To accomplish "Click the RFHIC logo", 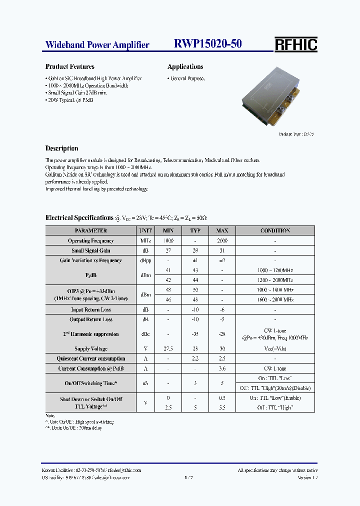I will point(295,44).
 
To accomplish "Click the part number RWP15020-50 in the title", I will point(207,44).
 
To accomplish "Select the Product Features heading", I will point(69,66).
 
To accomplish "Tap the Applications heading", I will point(185,66).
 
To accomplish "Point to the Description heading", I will point(61,148).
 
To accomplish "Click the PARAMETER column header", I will point(90,230).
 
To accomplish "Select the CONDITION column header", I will point(275,230).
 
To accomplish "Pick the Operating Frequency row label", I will point(90,240).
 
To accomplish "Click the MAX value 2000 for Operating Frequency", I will point(222,240).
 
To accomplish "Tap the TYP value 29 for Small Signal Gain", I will point(195,250).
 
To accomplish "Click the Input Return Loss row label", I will point(90,309).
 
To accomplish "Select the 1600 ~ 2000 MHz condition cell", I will point(275,299).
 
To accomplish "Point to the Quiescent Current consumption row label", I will point(90,358).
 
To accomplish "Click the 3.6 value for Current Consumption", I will point(222,368).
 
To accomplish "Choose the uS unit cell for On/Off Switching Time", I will point(144,383).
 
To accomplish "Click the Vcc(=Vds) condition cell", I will point(275,348).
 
